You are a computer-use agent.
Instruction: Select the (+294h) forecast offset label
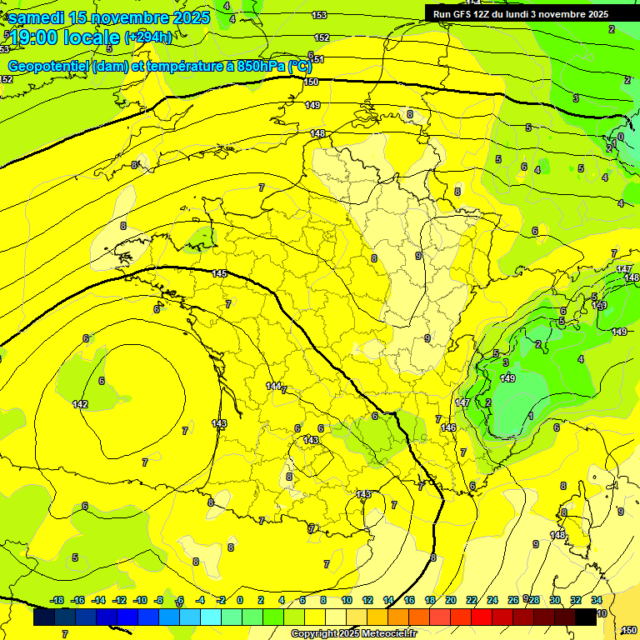click(148, 37)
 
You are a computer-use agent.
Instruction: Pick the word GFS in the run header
click(462, 14)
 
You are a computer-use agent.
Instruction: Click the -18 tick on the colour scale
click(57, 601)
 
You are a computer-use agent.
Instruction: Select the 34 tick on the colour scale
click(597, 601)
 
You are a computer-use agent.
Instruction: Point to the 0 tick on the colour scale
click(240, 601)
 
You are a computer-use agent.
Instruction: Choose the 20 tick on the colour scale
click(451, 601)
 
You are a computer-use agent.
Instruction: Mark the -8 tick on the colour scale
click(158, 601)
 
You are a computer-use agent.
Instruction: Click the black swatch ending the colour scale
click(586, 617)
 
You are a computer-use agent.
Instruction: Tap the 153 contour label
click(319, 15)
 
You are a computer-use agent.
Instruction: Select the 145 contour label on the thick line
click(219, 274)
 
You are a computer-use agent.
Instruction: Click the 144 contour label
click(273, 386)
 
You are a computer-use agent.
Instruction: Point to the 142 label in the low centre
click(80, 404)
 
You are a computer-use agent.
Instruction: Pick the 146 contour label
click(449, 427)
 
